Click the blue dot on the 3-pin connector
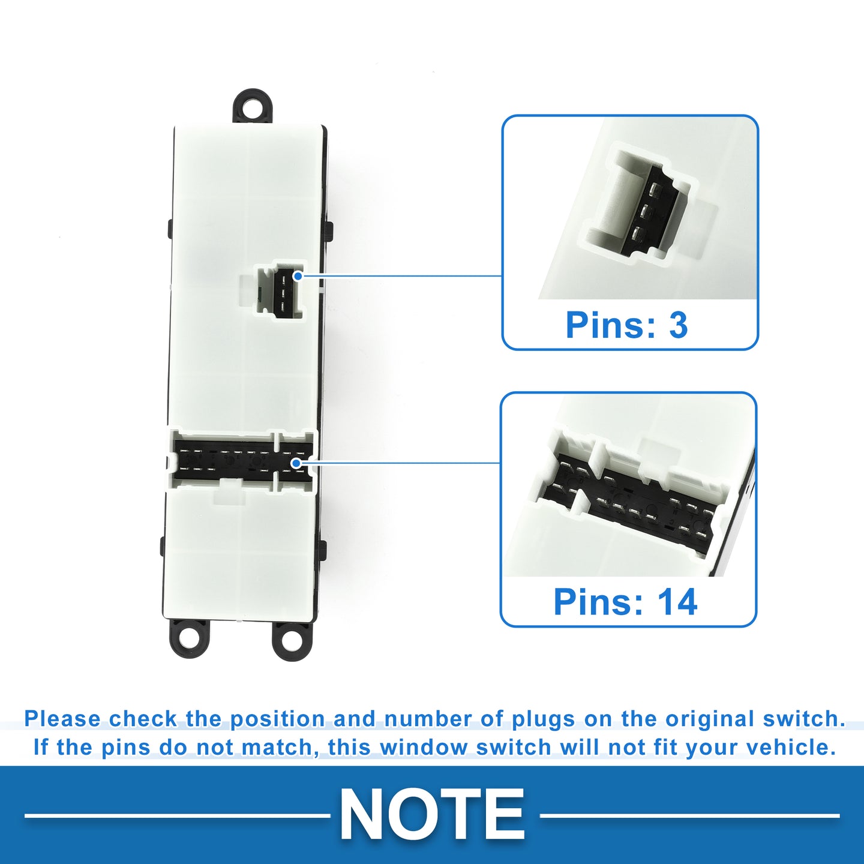point(298,276)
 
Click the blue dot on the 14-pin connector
point(296,463)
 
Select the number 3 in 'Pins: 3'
point(678,325)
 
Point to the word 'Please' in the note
point(63,719)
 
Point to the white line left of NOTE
point(178,815)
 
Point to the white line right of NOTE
point(689,815)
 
